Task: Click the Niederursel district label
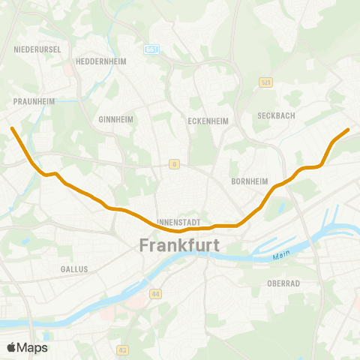(31, 49)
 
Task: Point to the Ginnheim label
(115, 119)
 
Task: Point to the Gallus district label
(74, 268)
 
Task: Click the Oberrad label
(283, 283)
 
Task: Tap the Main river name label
(281, 256)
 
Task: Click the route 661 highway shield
(153, 49)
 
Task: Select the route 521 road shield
(265, 82)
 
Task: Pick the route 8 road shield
(174, 164)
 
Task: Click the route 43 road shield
(123, 349)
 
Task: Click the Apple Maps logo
(28, 347)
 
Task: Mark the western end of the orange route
(12, 128)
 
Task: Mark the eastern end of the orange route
(348, 130)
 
